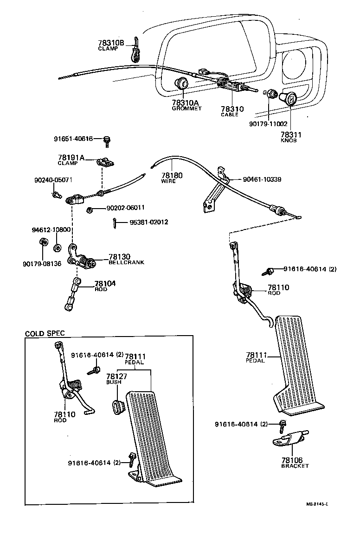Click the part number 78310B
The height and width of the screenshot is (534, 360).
point(111,43)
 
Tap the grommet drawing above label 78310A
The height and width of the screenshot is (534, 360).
point(181,85)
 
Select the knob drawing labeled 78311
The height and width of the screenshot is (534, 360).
point(290,99)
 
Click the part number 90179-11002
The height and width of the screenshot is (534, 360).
point(268,124)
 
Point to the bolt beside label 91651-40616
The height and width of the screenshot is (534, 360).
point(108,140)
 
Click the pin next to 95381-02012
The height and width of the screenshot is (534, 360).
point(115,223)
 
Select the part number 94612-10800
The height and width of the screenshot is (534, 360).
point(51,229)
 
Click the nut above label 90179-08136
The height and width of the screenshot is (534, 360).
point(42,242)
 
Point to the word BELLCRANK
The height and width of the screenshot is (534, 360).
point(126,262)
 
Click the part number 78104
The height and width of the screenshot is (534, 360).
point(105,283)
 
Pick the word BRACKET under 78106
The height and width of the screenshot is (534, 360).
point(295,466)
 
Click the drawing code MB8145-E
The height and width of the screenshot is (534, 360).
point(317,504)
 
